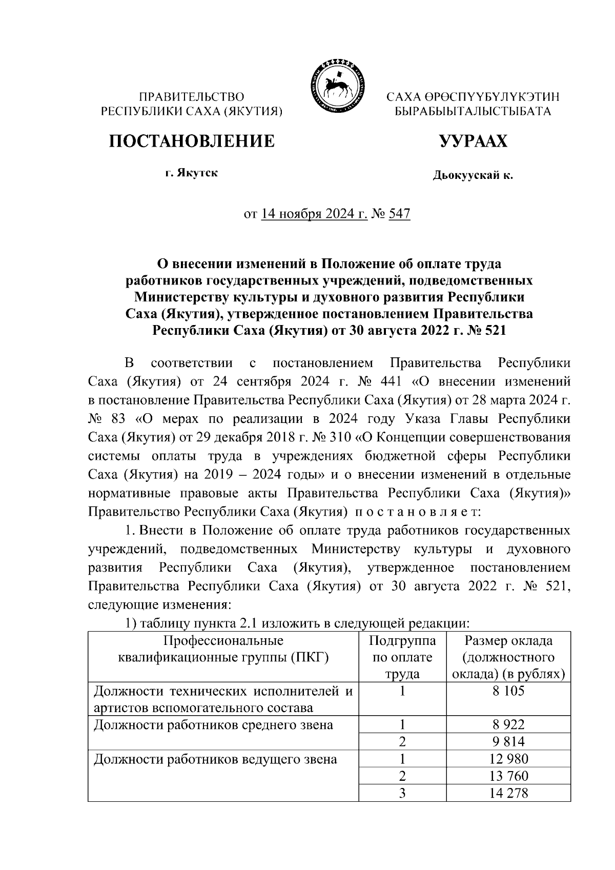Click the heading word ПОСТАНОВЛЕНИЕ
[191, 141]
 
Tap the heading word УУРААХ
[473, 141]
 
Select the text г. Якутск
[191, 173]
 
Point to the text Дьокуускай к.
[473, 176]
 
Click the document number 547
[400, 214]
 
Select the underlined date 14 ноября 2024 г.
[314, 214]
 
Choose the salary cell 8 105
[508, 691]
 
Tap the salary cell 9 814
[508, 741]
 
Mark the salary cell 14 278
[508, 793]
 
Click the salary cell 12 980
[508, 759]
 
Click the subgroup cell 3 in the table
[402, 793]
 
